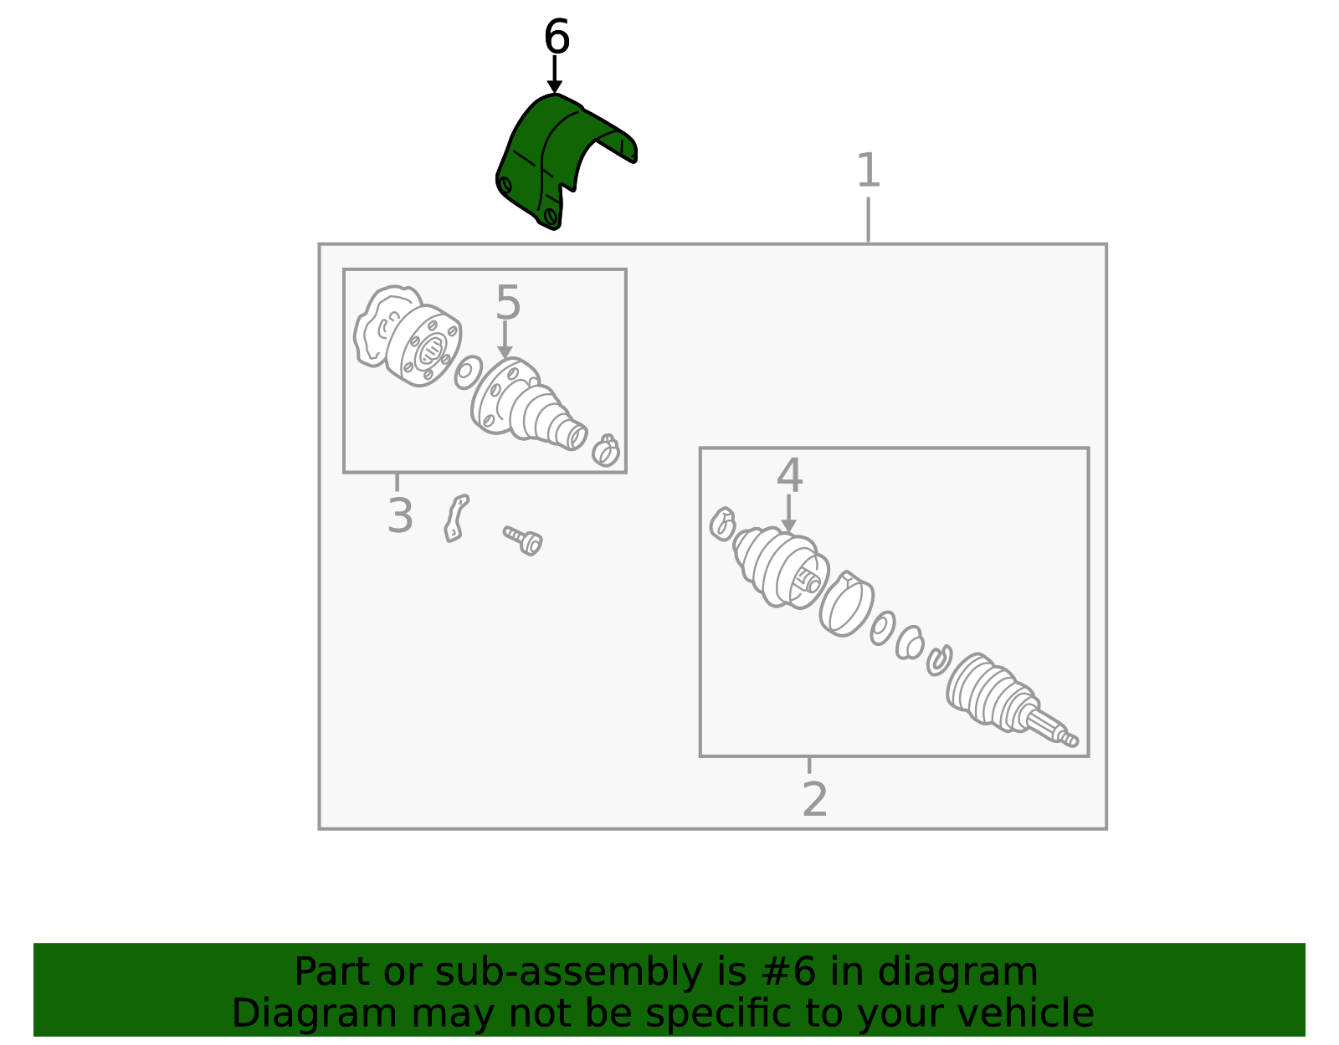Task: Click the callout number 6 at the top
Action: pos(557,36)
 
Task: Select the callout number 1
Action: pos(868,170)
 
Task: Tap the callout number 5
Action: pos(508,302)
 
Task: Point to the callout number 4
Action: pos(789,474)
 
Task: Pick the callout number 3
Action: pos(400,515)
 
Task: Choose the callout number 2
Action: pos(814,799)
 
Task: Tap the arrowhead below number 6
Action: pos(555,87)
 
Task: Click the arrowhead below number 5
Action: pos(505,352)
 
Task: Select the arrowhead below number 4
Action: pos(788,526)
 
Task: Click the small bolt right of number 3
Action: pos(523,540)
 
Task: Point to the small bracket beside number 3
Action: pos(456,519)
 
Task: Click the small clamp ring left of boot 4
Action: pos(722,525)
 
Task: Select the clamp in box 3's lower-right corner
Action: pos(606,450)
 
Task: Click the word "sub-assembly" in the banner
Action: pos(568,973)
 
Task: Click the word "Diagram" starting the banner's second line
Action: pos(315,1014)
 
